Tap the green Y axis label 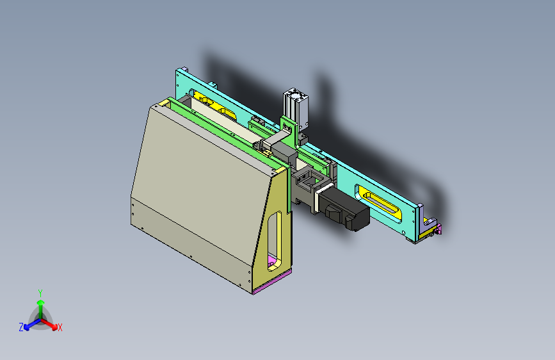click(x=40, y=293)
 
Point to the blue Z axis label click(x=21, y=327)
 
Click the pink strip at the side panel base click(x=272, y=281)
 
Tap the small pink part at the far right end click(x=439, y=229)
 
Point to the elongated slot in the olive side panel click(x=275, y=241)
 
